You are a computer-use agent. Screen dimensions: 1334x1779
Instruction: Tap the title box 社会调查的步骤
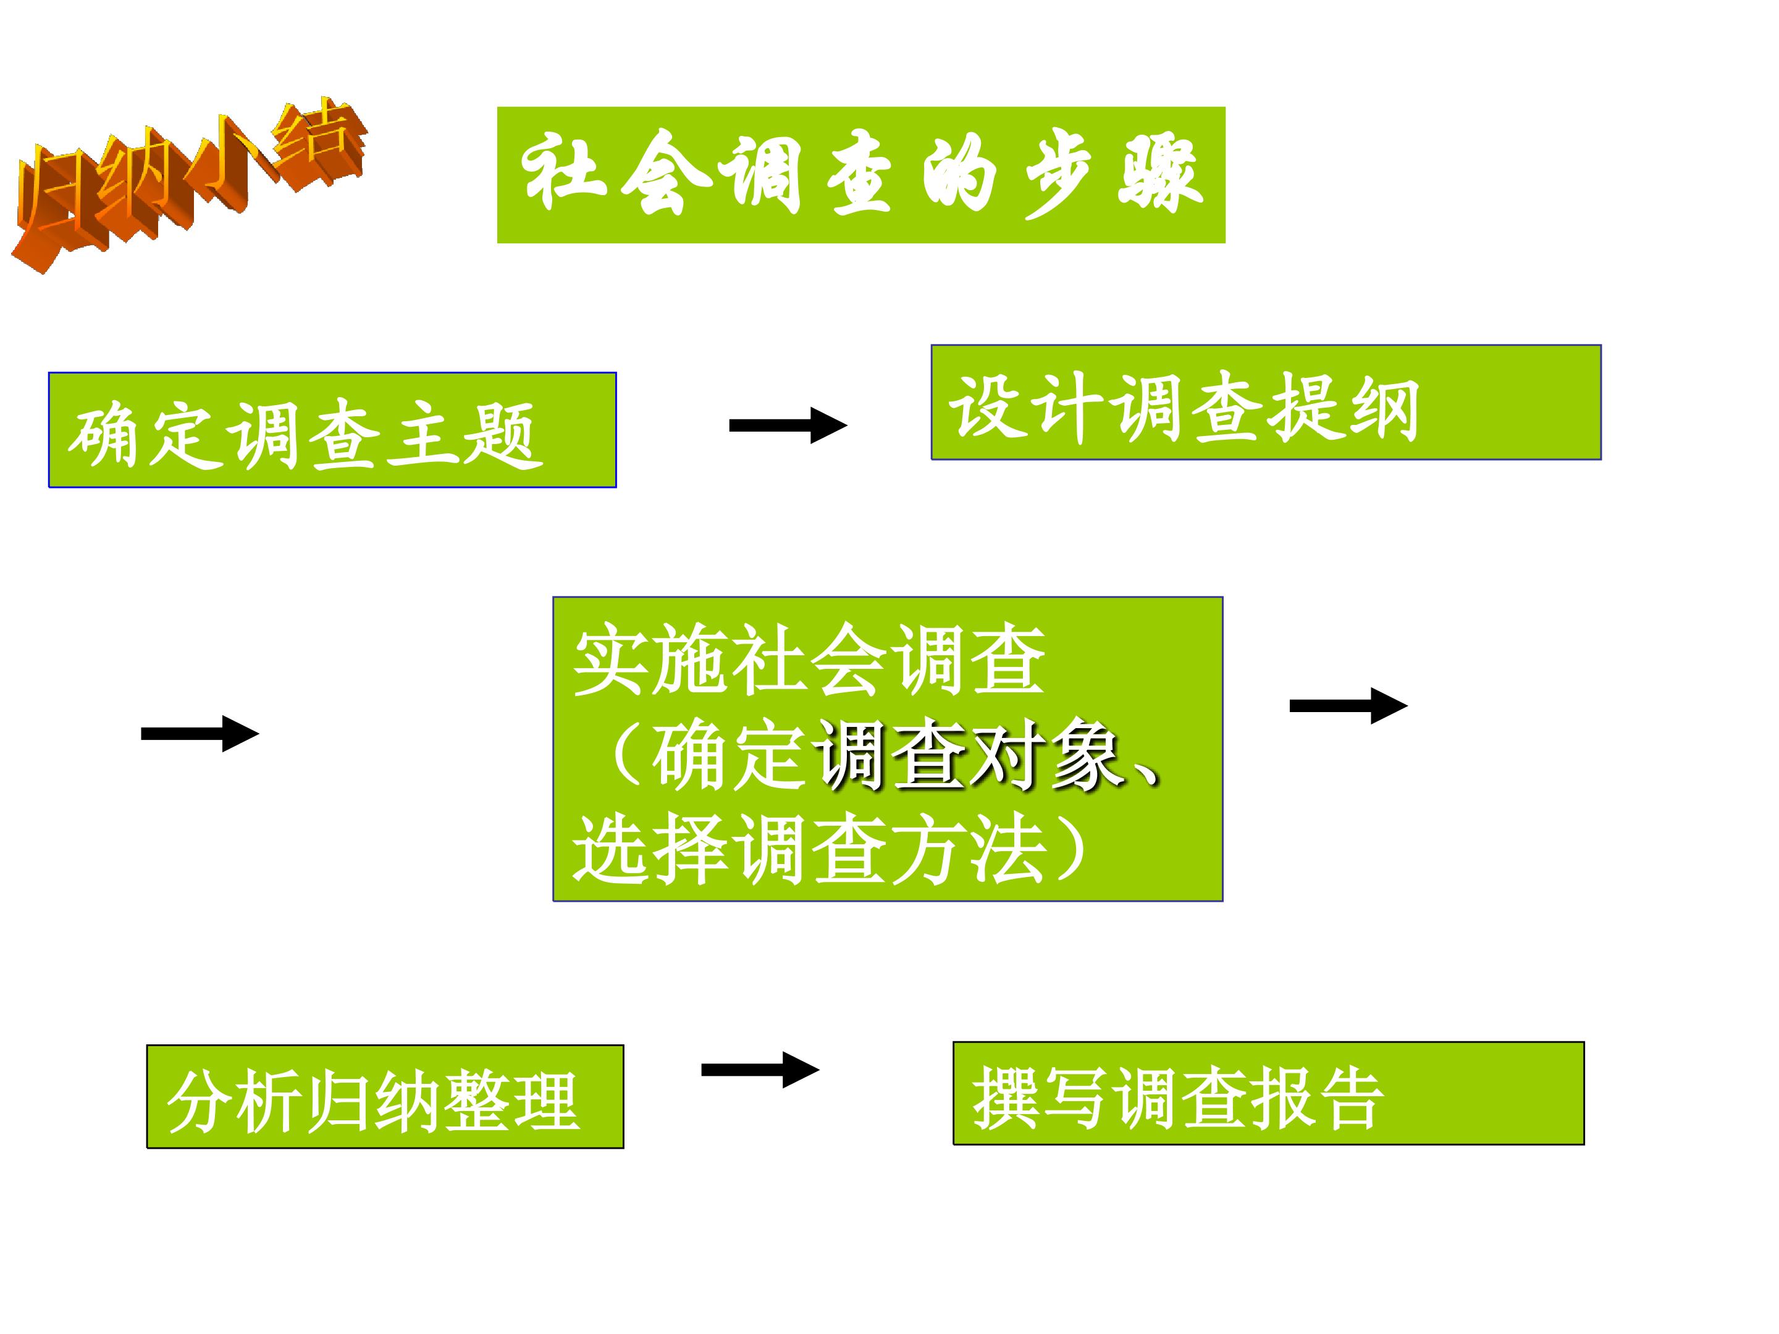point(860,175)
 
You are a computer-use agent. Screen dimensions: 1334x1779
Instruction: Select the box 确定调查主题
point(332,430)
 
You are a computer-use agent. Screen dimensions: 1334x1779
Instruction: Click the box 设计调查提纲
point(1266,402)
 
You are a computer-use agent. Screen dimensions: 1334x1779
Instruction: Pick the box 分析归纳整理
point(384,1097)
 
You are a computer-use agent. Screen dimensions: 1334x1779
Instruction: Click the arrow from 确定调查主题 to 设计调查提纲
point(788,426)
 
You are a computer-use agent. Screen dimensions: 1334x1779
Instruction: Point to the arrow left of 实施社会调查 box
point(200,733)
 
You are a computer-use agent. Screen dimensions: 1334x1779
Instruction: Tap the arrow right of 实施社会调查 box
point(1348,706)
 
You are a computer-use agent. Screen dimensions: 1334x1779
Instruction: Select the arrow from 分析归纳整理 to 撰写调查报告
point(760,1070)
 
